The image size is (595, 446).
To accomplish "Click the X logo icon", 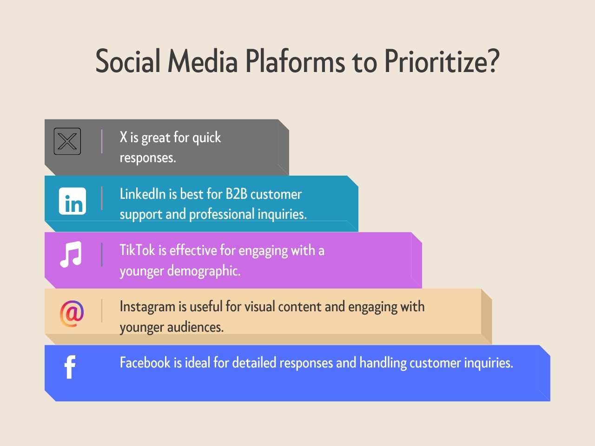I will (67, 141).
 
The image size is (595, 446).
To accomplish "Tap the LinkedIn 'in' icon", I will (73, 201).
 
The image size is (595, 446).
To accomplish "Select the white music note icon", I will (71, 254).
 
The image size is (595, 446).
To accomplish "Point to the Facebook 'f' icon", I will (70, 367).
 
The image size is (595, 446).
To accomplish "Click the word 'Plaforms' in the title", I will (295, 62).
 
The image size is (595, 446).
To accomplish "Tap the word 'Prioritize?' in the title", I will (442, 62).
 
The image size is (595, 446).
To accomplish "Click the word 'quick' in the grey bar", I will (206, 138).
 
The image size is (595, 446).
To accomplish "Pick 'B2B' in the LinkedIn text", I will (236, 194).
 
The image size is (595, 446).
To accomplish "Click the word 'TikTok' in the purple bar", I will (137, 250).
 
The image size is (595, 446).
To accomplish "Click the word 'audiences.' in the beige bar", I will (195, 328).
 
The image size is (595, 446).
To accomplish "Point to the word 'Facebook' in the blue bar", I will (145, 363).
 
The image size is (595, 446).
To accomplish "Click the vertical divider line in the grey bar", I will (102, 141).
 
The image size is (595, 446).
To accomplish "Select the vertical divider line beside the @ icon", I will (102, 311).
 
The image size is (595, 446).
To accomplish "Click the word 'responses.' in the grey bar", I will (148, 158).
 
